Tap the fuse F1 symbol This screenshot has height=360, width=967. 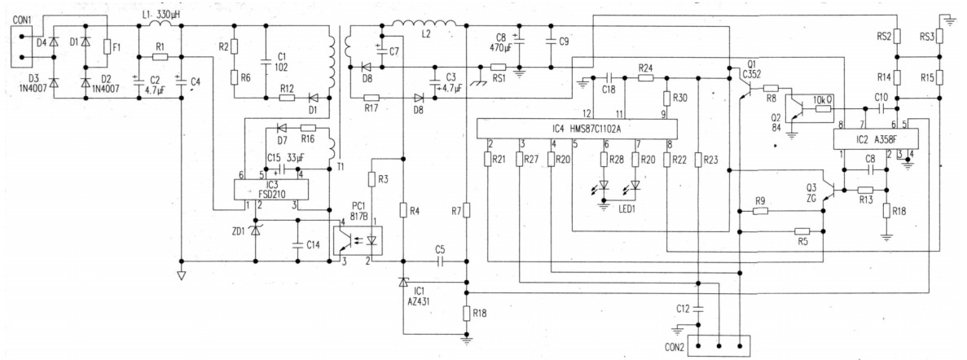(107, 48)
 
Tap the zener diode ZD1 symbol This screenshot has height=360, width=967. (256, 230)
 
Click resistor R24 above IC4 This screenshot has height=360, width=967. (646, 77)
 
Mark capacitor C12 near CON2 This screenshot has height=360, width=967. (699, 310)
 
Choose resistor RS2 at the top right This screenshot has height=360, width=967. (897, 37)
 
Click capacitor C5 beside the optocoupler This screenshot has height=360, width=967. (440, 261)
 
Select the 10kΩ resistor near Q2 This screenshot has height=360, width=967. (823, 108)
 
